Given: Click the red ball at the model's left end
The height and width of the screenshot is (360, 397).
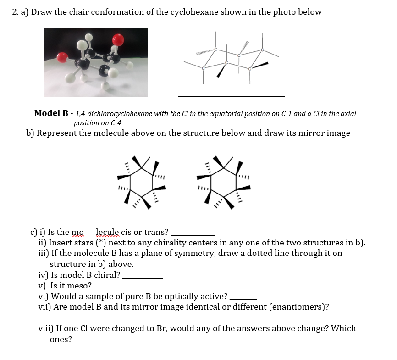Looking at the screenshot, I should click(62, 57).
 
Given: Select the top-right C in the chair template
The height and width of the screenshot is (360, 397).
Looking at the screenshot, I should click(262, 50).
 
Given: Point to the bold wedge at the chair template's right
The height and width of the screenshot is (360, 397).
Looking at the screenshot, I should click(260, 66).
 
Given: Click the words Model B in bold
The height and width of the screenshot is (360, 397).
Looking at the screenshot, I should click(53, 113).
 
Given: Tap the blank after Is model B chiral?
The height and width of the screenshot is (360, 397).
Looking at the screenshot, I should click(143, 277).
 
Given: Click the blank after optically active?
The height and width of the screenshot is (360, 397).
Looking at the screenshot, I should click(243, 298).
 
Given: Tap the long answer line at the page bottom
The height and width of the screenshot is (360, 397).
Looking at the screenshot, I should click(208, 353).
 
